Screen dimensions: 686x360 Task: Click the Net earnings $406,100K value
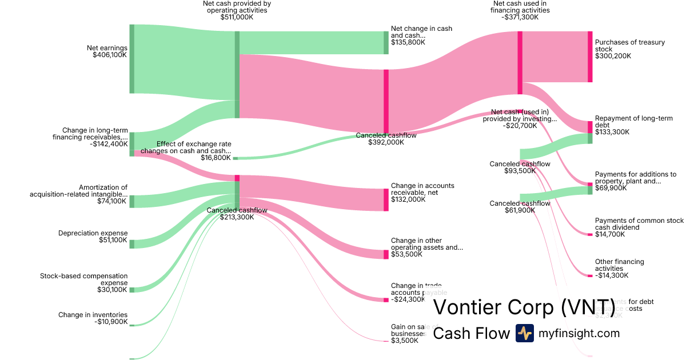[x=109, y=55]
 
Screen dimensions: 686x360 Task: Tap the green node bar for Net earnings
[x=131, y=58]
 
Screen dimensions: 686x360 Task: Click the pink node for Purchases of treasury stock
[x=590, y=57]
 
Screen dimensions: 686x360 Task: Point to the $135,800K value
[x=408, y=42]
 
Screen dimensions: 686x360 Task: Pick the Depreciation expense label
[x=93, y=233]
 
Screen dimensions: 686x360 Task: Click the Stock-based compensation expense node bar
[x=131, y=290]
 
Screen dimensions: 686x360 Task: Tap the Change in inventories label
[x=93, y=315]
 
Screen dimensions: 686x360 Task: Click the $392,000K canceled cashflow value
[x=386, y=142]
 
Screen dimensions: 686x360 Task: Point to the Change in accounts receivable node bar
[x=386, y=199]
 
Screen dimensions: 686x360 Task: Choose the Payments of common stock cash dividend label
[x=639, y=224]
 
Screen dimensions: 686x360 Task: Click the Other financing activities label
[x=619, y=265]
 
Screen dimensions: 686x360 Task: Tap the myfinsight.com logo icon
[x=524, y=333]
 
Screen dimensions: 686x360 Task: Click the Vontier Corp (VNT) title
[x=524, y=307]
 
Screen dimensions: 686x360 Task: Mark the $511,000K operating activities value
[x=237, y=17]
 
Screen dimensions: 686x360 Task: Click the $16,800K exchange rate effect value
[x=216, y=158]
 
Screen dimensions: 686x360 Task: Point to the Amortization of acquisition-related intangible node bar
[x=131, y=201]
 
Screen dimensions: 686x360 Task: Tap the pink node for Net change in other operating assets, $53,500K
[x=386, y=254]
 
